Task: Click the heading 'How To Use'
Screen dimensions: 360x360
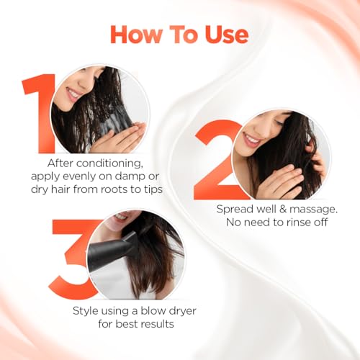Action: coord(179,34)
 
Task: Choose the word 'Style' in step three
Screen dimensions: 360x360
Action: coord(87,310)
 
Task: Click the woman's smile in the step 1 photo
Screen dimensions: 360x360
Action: coord(75,94)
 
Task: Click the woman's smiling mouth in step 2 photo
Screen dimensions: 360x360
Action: coord(251,140)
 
